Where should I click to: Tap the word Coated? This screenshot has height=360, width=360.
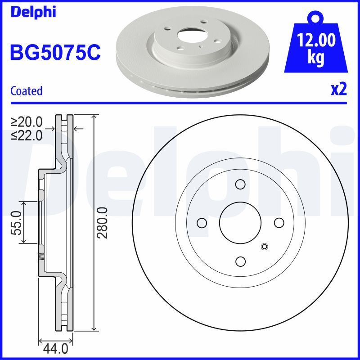26,91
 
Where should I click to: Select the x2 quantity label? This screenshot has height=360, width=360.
339,90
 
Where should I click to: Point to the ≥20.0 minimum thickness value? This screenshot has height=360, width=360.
27,121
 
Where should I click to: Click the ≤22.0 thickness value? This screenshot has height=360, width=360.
27,134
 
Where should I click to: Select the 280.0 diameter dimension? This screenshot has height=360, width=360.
103,223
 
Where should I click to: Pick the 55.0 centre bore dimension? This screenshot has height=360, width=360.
17,223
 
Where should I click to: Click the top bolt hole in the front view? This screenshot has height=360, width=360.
240,184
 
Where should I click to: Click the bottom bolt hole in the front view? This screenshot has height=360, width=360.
240,261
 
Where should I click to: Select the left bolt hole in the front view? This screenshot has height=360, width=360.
202,223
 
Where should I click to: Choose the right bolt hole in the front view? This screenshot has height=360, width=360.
279,223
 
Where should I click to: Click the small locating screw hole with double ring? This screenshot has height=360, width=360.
264,246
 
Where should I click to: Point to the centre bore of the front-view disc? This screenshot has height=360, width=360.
240,223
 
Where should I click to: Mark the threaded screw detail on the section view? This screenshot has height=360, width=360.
41,258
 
